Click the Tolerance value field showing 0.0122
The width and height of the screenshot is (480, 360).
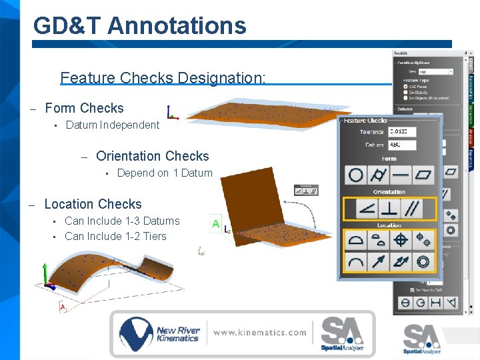402,132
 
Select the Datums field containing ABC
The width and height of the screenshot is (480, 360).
402,145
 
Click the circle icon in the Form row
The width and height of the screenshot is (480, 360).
356,175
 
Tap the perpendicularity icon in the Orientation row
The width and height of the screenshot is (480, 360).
389,209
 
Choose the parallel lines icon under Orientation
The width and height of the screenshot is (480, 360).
412,209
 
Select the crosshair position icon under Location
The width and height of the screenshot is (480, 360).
401,240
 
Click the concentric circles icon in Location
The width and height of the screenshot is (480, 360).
423,262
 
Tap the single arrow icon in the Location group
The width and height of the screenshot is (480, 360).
379,262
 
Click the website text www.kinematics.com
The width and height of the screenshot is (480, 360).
260,332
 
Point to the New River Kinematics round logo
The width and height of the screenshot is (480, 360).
135,333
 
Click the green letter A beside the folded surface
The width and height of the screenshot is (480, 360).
215,224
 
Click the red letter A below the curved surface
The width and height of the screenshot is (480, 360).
63,307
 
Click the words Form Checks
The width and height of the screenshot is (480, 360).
84,108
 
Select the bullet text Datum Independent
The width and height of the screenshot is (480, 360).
113,125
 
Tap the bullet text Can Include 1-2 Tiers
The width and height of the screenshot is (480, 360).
115,236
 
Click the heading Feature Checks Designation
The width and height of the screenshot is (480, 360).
163,78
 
